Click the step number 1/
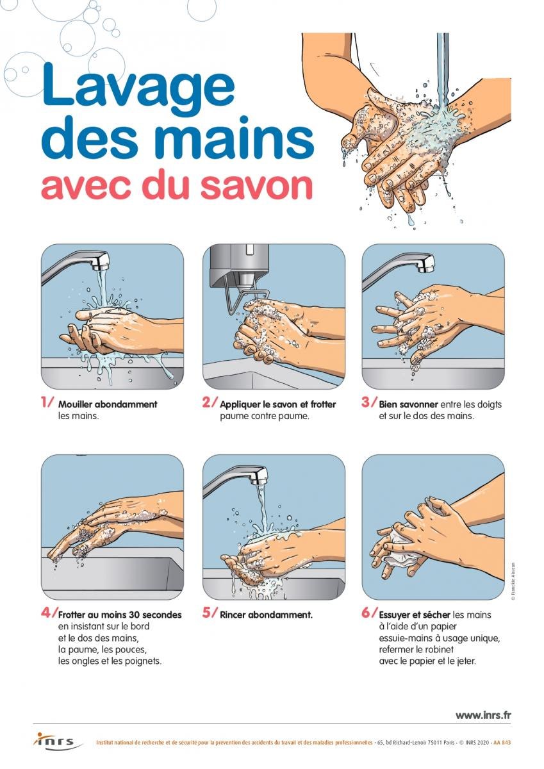click(47, 402)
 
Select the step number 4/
click(49, 612)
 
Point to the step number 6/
click(369, 612)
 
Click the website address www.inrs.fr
click(483, 715)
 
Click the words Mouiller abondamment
click(107, 404)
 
